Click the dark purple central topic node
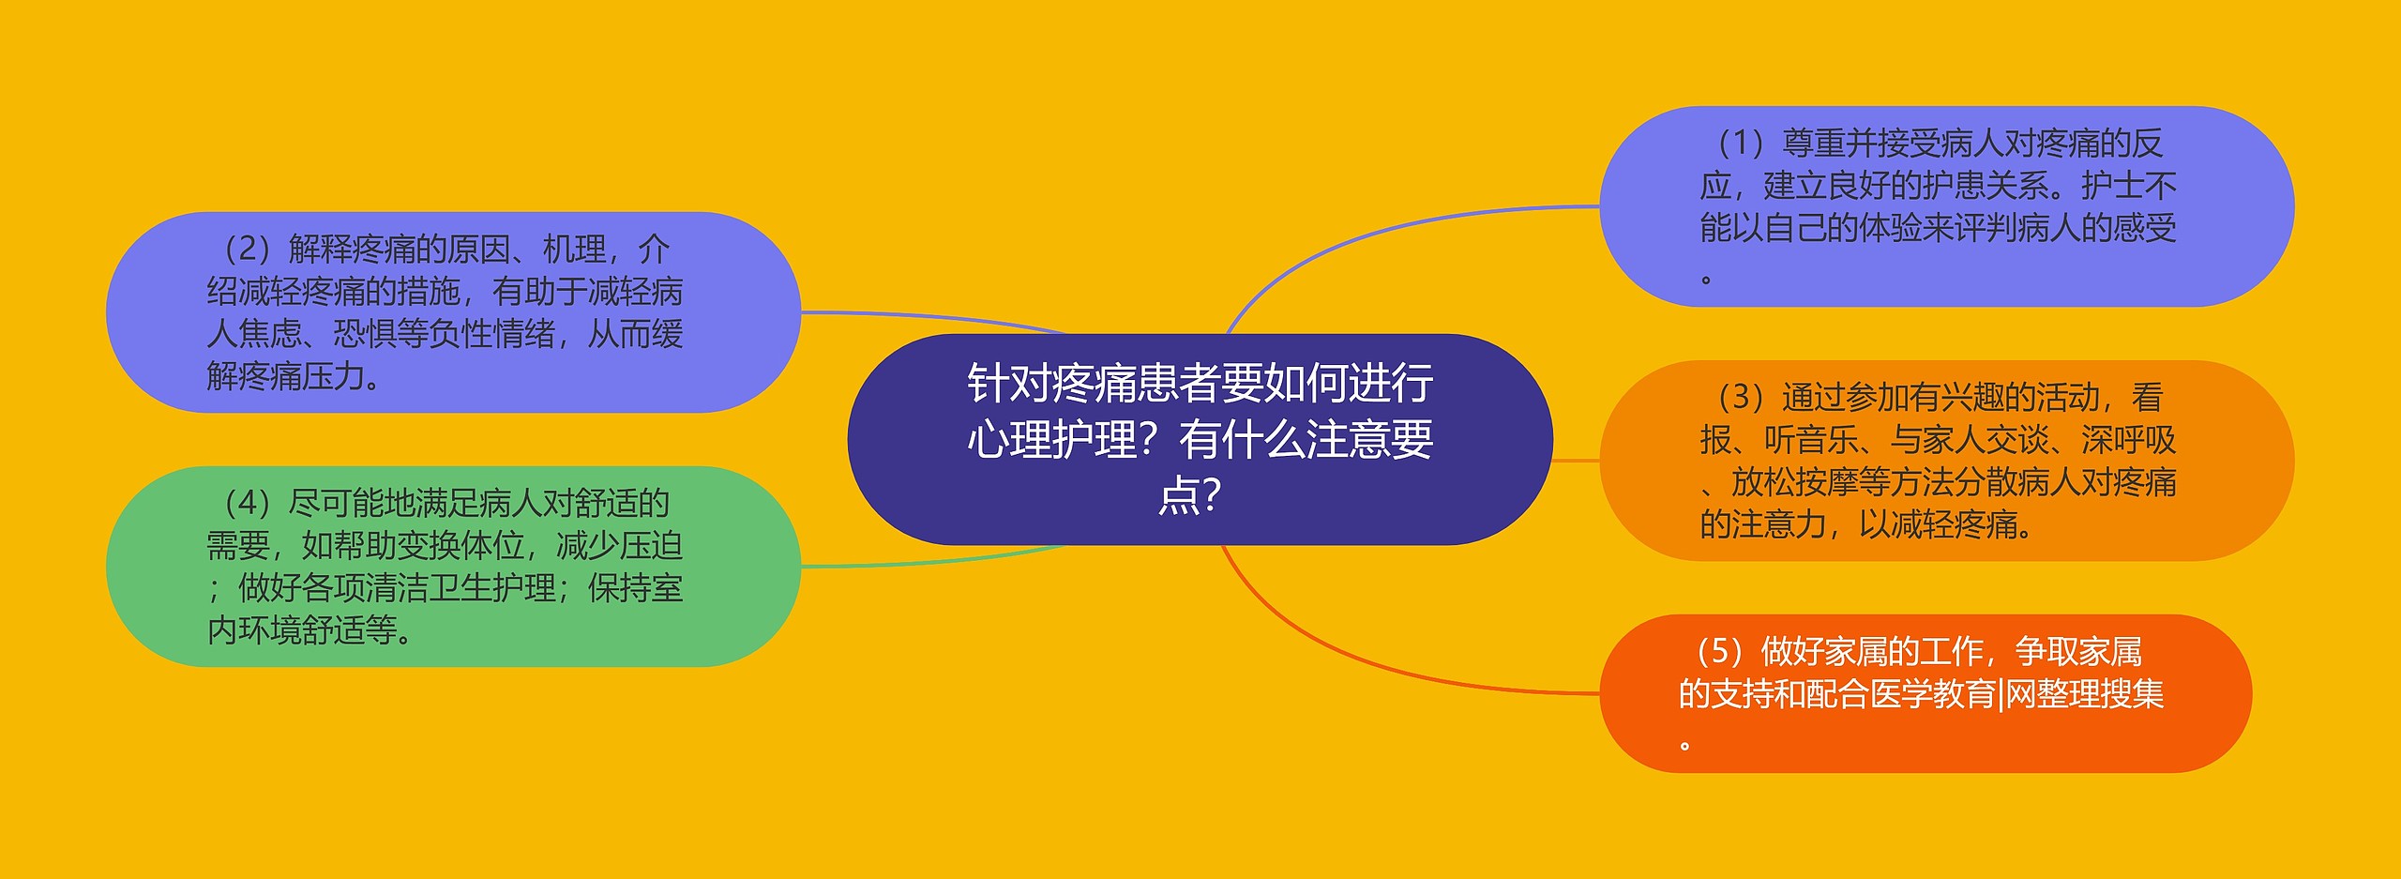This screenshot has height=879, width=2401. coord(1200,439)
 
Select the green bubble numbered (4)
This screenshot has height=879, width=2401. coord(453,567)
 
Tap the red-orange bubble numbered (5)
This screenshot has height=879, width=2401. coord(1925,694)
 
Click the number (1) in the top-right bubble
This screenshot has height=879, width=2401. coord(1742,144)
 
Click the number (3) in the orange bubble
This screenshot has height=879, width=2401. coord(1742,398)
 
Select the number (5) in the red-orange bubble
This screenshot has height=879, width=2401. coord(1720,651)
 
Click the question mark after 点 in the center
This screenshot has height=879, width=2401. coord(1211,494)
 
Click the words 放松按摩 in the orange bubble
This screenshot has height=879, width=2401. coord(1795,482)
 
